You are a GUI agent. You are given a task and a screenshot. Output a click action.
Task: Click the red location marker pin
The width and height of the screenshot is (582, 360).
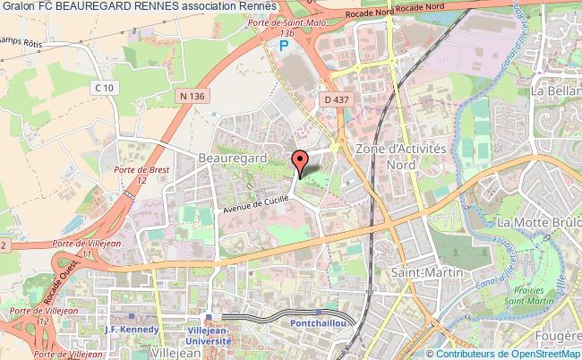pos(300,161)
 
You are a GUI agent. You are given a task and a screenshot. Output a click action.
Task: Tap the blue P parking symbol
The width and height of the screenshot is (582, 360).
pos(284,45)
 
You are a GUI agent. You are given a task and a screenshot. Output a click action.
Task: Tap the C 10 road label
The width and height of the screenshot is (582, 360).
pos(107,87)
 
